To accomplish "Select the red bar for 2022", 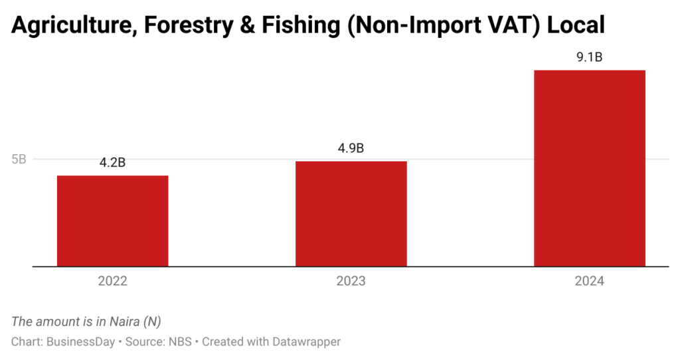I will [112, 221].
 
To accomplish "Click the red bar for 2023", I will [351, 213].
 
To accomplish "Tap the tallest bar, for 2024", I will [590, 168].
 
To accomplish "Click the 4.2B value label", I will [112, 163].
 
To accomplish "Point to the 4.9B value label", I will [351, 148].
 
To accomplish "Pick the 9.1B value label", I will [590, 57].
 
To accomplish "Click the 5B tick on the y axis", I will [19, 159].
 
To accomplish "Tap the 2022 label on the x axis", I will [112, 281].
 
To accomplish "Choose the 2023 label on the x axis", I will [351, 281].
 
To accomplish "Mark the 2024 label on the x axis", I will [590, 281].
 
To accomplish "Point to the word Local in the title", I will [574, 25].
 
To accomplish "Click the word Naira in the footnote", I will [124, 321].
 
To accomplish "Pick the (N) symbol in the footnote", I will [153, 321].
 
